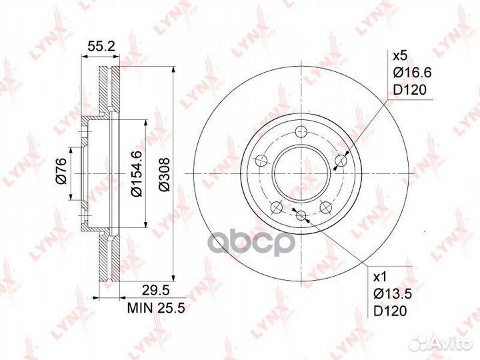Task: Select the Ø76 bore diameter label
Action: click(x=61, y=174)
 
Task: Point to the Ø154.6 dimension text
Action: click(x=135, y=174)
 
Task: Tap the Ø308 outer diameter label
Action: click(x=165, y=175)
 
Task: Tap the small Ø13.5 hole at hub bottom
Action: click(x=301, y=215)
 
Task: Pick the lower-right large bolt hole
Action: click(x=327, y=207)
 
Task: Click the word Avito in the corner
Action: click(x=451, y=343)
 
